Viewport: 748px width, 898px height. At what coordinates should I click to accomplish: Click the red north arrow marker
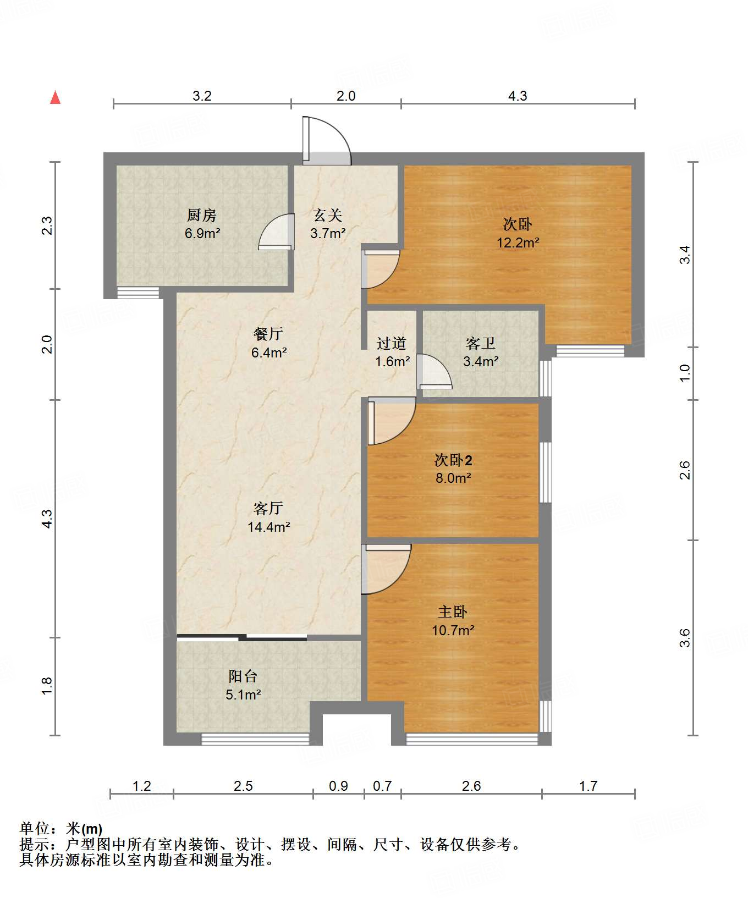click(x=55, y=97)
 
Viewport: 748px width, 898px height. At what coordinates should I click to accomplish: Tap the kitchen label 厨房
click(x=202, y=215)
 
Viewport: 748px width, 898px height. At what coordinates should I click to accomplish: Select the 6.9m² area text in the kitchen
click(x=202, y=233)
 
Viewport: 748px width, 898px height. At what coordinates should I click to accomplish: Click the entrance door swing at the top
click(x=327, y=140)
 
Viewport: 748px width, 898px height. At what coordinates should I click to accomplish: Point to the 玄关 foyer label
click(x=328, y=215)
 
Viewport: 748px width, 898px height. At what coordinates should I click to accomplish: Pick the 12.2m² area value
click(x=518, y=243)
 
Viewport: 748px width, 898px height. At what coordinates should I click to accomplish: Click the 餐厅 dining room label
click(x=268, y=334)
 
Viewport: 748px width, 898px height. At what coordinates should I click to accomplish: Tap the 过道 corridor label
click(x=392, y=343)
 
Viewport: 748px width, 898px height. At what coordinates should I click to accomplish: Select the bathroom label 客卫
click(x=481, y=343)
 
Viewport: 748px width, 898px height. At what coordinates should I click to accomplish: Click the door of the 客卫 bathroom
click(x=434, y=372)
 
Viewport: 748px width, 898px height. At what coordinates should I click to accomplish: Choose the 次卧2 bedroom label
click(x=453, y=460)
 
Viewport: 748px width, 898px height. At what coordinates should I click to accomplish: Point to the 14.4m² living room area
click(x=268, y=527)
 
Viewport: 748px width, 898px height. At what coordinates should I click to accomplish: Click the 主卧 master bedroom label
click(x=453, y=611)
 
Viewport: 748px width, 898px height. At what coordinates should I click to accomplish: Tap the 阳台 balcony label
click(x=243, y=676)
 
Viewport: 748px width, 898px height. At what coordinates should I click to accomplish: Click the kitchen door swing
click(x=276, y=232)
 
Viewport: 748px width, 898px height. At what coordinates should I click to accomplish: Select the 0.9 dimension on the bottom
click(x=338, y=786)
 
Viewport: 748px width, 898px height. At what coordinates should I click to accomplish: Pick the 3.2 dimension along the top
click(x=202, y=96)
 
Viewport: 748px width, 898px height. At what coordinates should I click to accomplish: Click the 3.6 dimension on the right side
click(x=685, y=638)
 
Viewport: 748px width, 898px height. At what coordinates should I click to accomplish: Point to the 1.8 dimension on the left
click(x=47, y=686)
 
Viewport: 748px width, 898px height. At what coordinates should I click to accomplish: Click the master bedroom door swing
click(x=386, y=569)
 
